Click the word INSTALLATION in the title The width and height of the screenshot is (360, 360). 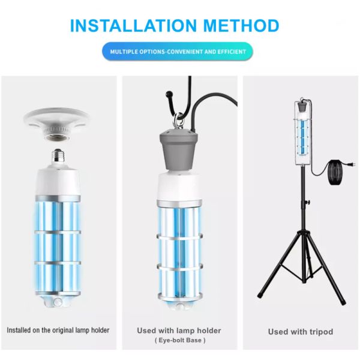(x=130, y=26)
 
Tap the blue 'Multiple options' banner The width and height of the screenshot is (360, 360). (x=178, y=52)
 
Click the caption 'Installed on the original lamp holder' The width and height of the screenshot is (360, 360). (x=58, y=330)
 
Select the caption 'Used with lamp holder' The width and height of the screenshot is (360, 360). (x=179, y=330)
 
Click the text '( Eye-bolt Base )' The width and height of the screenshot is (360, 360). (x=179, y=341)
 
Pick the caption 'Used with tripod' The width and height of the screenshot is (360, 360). (x=300, y=331)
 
